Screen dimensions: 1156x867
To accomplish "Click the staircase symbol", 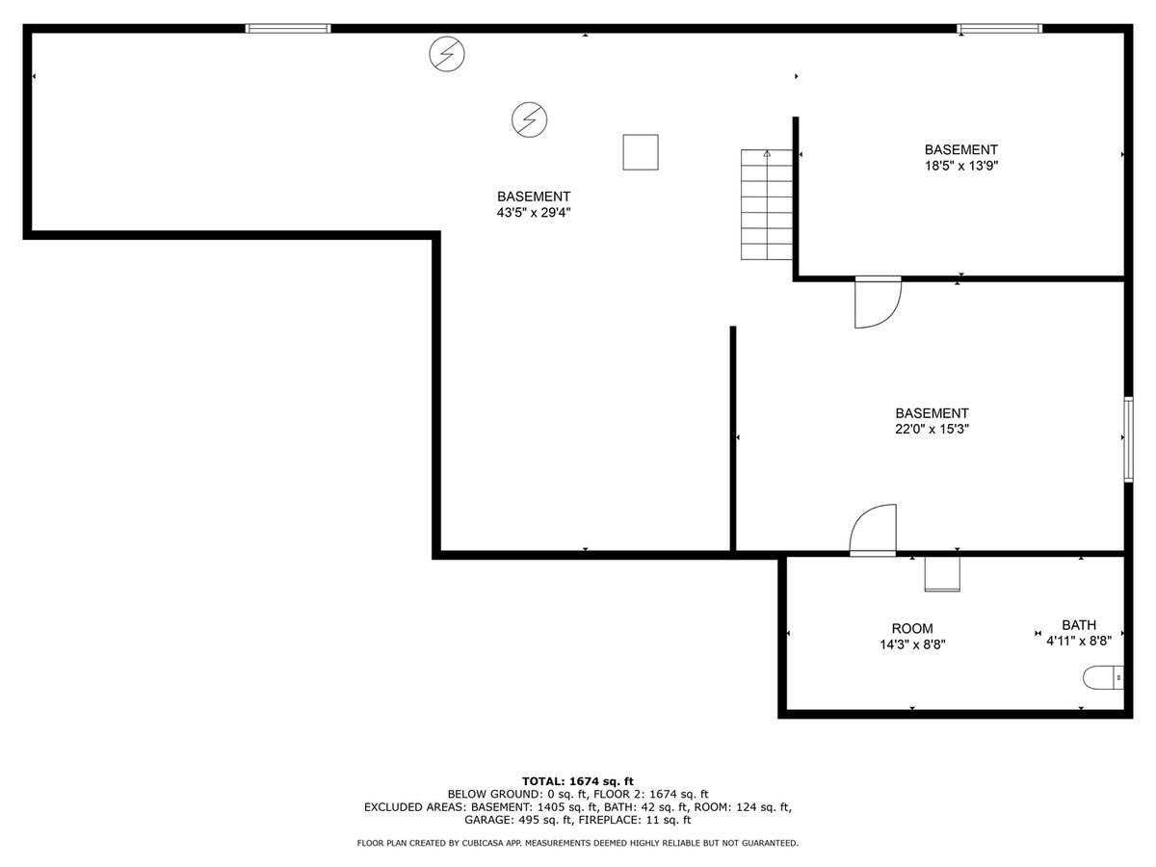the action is click(767, 204).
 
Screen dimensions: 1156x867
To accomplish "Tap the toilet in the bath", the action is click(1103, 677).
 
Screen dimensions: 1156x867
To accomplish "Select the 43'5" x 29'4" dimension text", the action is click(534, 213).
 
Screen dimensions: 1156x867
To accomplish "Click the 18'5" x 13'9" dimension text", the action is click(961, 166).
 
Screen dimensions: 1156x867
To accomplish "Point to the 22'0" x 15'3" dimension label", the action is click(933, 429).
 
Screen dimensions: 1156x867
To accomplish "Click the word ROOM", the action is click(912, 628).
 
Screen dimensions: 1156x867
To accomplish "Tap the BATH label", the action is click(1079, 625).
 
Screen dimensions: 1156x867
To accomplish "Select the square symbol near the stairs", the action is click(641, 152).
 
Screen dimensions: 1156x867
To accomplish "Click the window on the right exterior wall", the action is click(1128, 440).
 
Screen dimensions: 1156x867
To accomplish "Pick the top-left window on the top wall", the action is click(288, 29).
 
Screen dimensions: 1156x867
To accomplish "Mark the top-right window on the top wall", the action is click(999, 29).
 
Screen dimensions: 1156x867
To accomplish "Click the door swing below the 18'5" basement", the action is click(878, 302).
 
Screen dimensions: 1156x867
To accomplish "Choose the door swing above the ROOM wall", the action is click(873, 530).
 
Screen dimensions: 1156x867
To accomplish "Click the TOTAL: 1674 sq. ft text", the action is click(578, 781).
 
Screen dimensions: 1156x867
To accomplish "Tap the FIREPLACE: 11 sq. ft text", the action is click(635, 820).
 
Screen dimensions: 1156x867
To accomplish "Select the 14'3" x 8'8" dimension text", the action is click(912, 644).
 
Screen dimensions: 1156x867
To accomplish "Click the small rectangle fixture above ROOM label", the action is click(942, 574).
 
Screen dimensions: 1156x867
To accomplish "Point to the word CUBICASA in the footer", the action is click(470, 843).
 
